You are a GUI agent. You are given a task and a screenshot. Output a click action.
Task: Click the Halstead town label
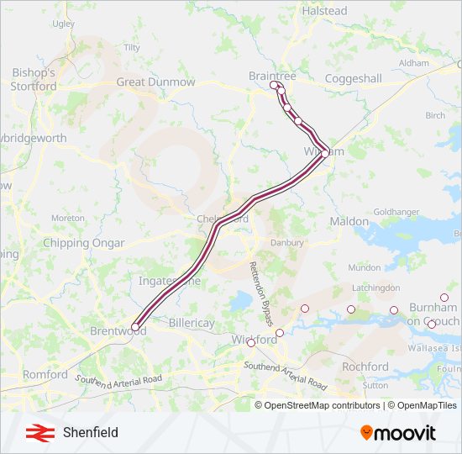(x=323, y=11)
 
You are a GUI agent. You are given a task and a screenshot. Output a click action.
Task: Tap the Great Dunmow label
(x=155, y=82)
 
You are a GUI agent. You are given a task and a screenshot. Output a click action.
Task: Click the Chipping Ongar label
(x=84, y=243)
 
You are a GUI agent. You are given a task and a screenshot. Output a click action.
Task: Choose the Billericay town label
(x=192, y=323)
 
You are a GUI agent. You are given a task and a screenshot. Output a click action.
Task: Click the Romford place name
(x=45, y=374)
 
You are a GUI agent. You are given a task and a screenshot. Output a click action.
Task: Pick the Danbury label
(x=286, y=242)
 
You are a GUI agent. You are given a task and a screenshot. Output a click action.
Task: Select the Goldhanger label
(x=396, y=212)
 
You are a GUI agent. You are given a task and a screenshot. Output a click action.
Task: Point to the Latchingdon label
(x=375, y=288)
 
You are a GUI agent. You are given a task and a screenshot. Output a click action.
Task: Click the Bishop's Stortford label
(x=34, y=79)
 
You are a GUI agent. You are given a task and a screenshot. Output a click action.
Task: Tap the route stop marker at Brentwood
(x=135, y=327)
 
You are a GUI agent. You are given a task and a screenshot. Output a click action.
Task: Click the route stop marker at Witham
(x=325, y=153)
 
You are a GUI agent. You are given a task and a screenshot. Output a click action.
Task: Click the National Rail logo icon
(x=36, y=433)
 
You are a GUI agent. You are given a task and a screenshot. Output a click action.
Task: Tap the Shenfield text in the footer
(x=90, y=433)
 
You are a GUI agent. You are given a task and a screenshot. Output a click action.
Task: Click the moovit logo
(x=398, y=433)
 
